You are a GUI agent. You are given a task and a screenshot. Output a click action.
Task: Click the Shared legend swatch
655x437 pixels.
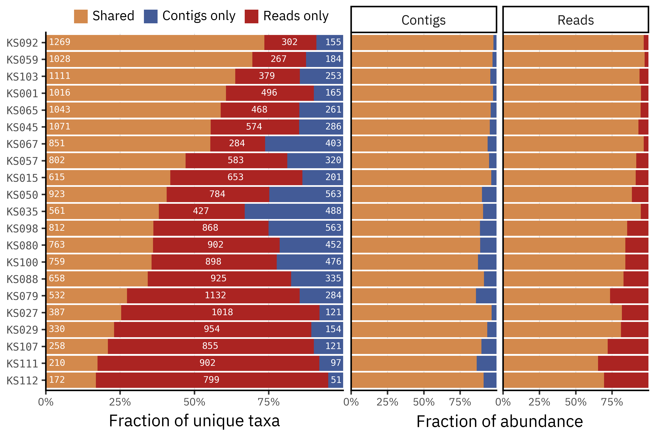[81, 16]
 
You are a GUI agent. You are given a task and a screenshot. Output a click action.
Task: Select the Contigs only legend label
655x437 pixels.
[199, 16]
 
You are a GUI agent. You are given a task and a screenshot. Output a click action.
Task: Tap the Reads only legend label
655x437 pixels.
[296, 16]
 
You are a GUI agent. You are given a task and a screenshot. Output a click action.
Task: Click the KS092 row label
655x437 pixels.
[22, 43]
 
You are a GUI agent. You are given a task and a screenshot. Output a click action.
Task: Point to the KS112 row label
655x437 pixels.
[22, 380]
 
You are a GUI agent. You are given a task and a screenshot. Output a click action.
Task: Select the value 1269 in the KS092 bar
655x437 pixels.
[60, 42]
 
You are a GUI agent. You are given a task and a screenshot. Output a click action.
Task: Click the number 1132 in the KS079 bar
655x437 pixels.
[215, 295]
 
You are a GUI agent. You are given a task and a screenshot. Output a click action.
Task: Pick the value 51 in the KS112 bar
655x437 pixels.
[336, 380]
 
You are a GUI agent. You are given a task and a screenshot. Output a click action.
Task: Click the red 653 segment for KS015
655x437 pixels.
[236, 177]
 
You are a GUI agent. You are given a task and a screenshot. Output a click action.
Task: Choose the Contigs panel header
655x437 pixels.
[424, 20]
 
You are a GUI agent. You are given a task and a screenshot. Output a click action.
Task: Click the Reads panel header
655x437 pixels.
[576, 20]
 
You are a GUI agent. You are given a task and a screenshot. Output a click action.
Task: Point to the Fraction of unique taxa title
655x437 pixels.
[194, 421]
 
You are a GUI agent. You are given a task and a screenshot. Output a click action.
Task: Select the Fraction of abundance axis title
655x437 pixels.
[500, 421]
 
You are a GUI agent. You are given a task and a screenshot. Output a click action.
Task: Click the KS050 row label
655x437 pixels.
[22, 195]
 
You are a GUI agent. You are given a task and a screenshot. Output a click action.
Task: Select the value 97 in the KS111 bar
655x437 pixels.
[336, 363]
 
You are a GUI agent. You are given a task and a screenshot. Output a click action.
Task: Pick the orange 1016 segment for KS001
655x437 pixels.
[136, 93]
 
